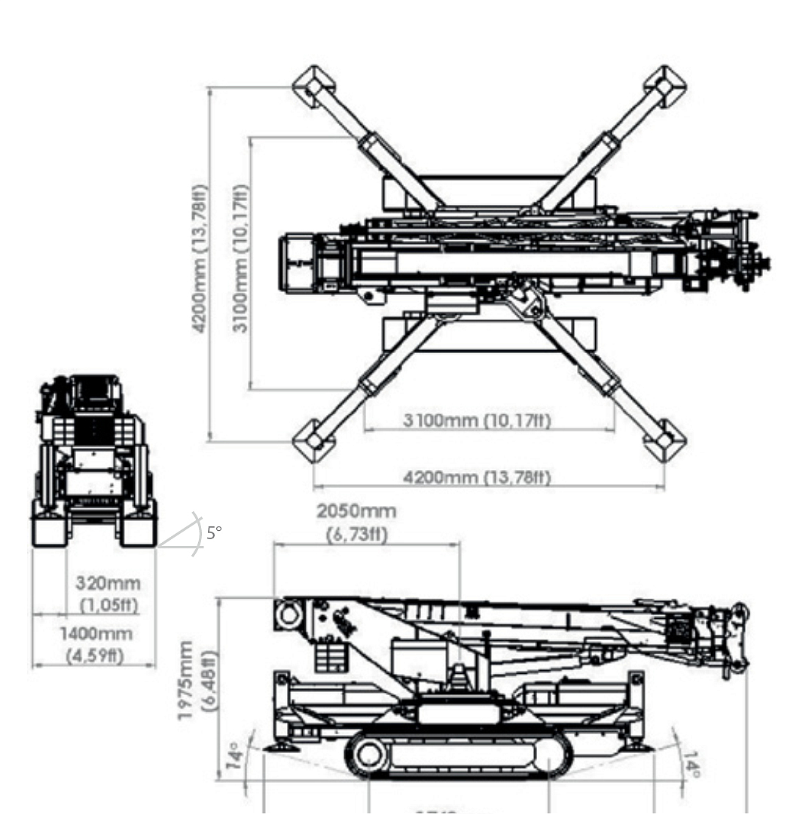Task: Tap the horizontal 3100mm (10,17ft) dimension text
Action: click(x=476, y=420)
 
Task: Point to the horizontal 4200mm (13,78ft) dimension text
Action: click(x=477, y=477)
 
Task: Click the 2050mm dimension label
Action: click(x=356, y=522)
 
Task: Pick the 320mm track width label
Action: click(x=108, y=593)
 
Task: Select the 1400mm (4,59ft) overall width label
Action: click(x=96, y=644)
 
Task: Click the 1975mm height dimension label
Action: click(x=197, y=679)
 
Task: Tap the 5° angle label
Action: click(x=214, y=533)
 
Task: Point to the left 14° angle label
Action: click(x=235, y=755)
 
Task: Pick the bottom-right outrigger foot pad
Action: click(x=665, y=441)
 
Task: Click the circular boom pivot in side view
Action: click(x=289, y=614)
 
